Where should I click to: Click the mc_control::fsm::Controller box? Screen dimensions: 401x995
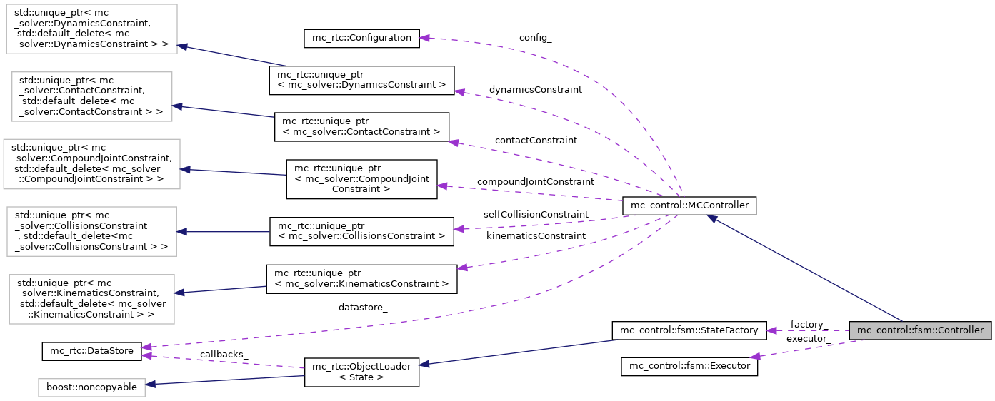[920, 330]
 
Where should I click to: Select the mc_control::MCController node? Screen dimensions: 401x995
[689, 205]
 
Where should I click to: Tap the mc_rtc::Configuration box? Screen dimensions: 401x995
[361, 39]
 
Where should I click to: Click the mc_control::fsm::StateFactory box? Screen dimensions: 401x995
[689, 330]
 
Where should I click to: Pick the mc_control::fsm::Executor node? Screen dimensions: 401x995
[689, 366]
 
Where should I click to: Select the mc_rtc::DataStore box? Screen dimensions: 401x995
[92, 352]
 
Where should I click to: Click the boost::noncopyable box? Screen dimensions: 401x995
[91, 387]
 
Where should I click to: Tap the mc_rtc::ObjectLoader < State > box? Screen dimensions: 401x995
[361, 372]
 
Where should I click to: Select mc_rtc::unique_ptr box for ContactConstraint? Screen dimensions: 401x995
[361, 126]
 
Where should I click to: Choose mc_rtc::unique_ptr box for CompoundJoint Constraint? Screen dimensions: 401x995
[361, 178]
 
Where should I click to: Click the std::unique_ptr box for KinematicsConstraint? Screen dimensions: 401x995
[91, 299]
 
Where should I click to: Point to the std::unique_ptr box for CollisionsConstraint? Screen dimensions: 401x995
[91, 231]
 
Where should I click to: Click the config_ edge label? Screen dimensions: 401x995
[535, 38]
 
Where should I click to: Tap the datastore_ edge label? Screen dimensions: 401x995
[363, 308]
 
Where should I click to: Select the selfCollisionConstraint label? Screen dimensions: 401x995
[536, 214]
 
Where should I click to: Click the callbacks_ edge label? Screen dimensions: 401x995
[224, 354]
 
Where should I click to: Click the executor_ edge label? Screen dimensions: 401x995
[806, 338]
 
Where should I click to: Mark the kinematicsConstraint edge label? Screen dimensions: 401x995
[536, 235]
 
